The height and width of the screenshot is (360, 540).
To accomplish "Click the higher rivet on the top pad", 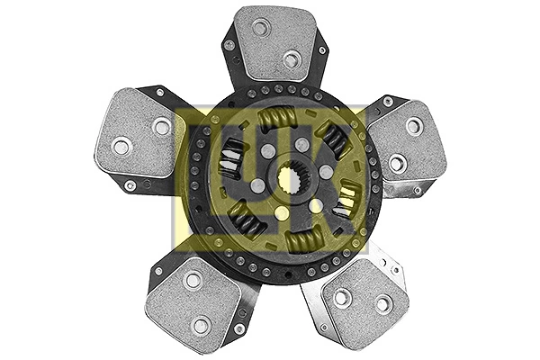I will (260, 28).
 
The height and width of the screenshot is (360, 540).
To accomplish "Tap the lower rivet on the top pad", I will (291, 59).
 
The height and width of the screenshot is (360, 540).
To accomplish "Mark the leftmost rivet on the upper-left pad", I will (121, 145).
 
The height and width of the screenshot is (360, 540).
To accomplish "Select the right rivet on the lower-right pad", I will (382, 304).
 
